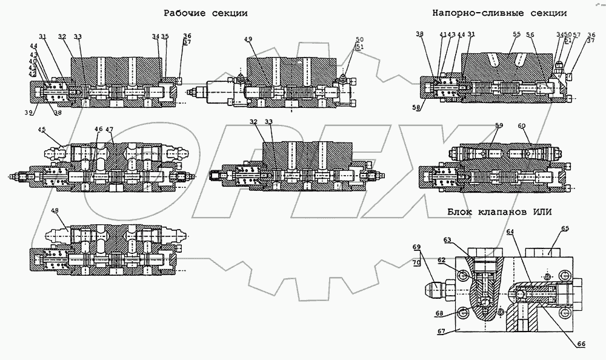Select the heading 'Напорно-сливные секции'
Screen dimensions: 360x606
[499, 13]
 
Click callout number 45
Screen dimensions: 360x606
[42, 129]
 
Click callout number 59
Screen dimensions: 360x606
[498, 125]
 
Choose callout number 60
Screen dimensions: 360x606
[521, 125]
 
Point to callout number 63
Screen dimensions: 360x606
[465, 241]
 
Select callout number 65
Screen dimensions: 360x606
[564, 228]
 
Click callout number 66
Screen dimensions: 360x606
[581, 344]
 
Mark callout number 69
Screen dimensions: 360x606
[416, 247]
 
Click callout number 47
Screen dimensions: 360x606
[109, 129]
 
